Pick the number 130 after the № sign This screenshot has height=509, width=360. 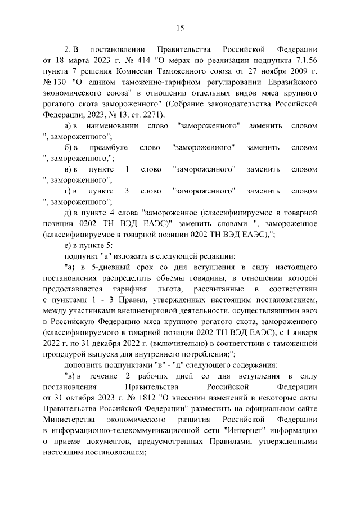tap(60, 83)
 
